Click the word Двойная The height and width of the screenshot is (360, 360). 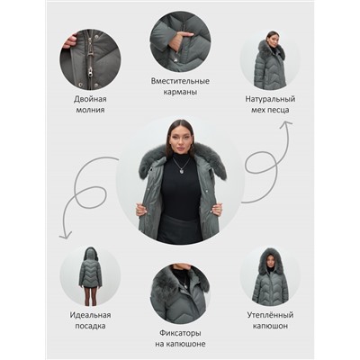[x=90, y=99]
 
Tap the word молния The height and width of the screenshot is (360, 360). [x=90, y=110]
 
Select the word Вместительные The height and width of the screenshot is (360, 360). [x=180, y=81]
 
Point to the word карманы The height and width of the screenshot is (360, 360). [x=180, y=92]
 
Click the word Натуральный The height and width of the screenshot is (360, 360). [x=270, y=99]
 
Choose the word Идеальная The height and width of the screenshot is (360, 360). [x=90, y=315]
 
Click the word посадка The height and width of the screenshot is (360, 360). [x=90, y=326]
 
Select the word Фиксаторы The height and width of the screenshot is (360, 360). [x=180, y=333]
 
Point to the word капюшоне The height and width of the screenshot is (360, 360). [x=189, y=344]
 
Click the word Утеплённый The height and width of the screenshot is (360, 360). [x=270, y=315]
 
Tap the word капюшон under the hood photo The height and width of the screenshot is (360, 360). [x=270, y=326]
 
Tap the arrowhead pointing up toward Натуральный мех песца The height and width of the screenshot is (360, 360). [x=285, y=124]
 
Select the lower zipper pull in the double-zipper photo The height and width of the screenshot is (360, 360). [x=90, y=71]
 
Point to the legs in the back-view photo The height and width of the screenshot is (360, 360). [x=90, y=295]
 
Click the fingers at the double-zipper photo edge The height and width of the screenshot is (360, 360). [x=70, y=41]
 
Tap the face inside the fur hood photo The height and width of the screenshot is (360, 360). [x=270, y=261]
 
